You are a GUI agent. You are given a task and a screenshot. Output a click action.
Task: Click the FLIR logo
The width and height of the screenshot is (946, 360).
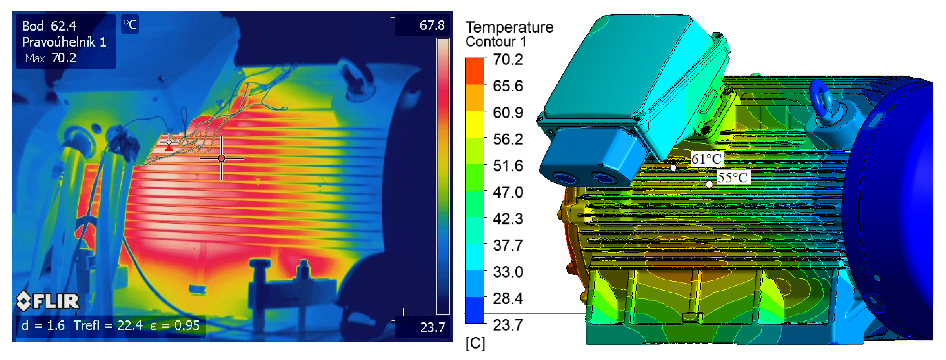click(48, 301)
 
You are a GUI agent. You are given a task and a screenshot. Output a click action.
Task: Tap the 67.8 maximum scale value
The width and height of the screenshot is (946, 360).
click(432, 25)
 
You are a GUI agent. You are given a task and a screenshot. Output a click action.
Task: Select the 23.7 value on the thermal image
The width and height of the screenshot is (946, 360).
click(433, 327)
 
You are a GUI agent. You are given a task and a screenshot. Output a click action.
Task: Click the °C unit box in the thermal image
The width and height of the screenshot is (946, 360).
click(130, 25)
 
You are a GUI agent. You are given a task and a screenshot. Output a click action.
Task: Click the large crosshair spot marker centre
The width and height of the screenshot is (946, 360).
click(221, 158)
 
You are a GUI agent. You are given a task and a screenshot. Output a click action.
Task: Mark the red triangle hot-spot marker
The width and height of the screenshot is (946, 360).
click(169, 148)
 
